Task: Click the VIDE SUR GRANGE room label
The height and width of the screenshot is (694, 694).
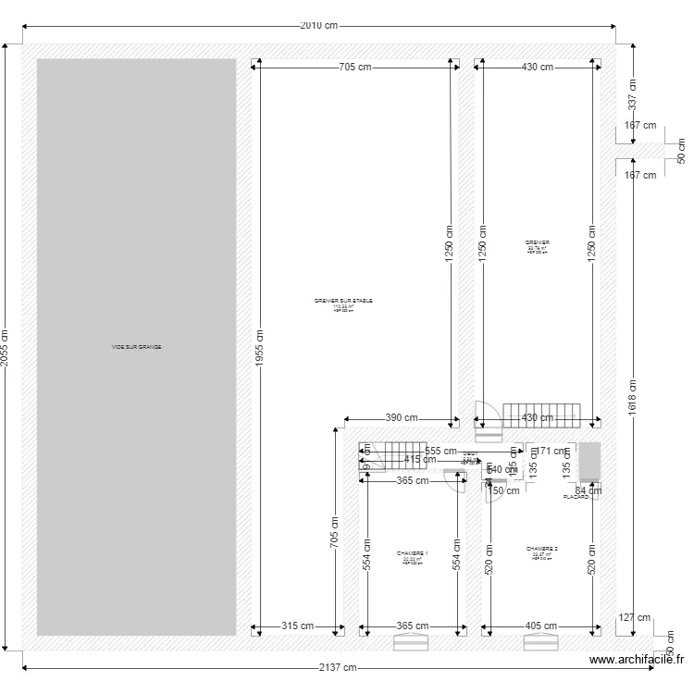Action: point(136,347)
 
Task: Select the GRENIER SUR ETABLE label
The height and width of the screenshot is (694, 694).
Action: point(343,301)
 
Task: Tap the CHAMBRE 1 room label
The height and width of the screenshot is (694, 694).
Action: point(412,553)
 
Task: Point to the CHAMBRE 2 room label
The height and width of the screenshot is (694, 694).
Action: point(541,549)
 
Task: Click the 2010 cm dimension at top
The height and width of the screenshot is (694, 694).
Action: point(318,26)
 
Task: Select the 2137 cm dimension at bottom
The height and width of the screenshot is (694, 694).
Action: point(337,667)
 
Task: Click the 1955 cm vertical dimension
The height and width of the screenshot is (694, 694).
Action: point(260,350)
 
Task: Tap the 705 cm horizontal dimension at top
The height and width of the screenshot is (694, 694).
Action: point(354,67)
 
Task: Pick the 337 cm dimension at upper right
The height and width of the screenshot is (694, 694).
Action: point(632,93)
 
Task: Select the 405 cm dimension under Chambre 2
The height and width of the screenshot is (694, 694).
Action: point(539,626)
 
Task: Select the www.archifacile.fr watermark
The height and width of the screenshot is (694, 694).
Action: point(636,660)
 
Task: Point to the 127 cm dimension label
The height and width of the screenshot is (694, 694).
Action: point(636,618)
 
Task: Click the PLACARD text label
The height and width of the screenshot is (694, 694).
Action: point(576,497)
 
